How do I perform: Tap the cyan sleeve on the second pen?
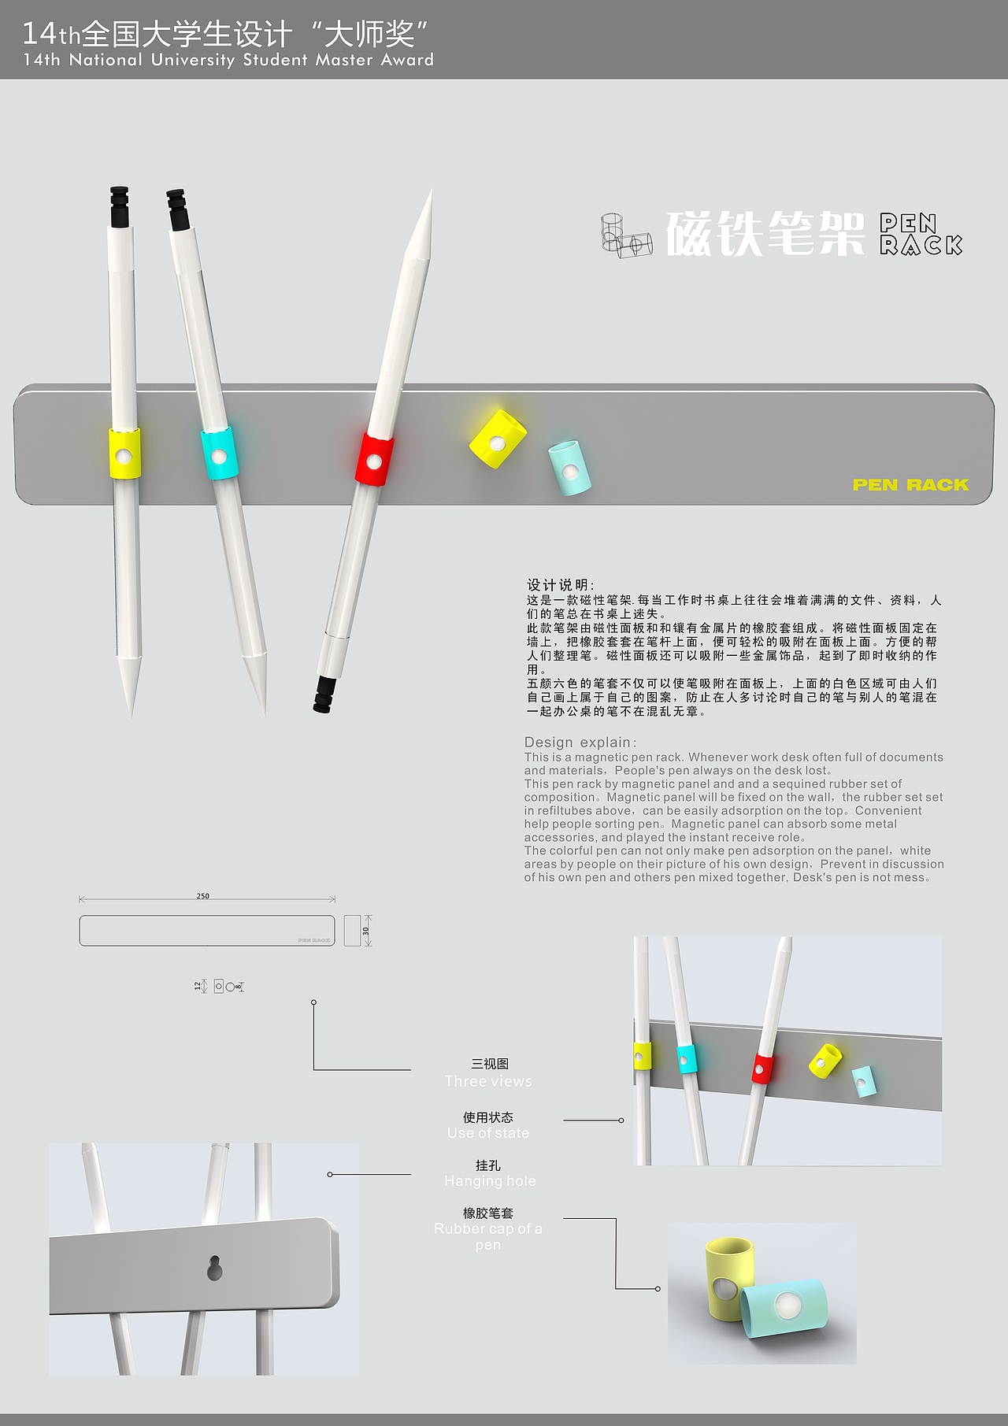point(218,454)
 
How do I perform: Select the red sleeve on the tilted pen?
point(375,460)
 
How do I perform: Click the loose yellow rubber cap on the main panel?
point(497,439)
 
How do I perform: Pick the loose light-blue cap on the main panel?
point(569,469)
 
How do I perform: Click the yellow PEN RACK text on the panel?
point(910,485)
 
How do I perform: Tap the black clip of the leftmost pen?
point(118,206)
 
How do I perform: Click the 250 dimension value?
point(203,896)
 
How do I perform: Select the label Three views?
point(488,1081)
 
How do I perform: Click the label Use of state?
point(488,1133)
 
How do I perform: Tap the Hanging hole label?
point(489,1181)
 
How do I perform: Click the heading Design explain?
point(580,743)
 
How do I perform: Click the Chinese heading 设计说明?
point(561,585)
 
